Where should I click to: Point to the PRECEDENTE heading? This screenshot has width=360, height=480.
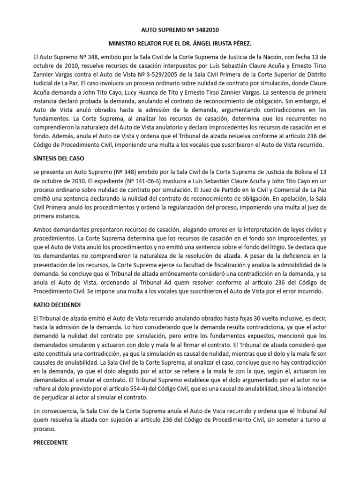[x=47, y=442]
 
